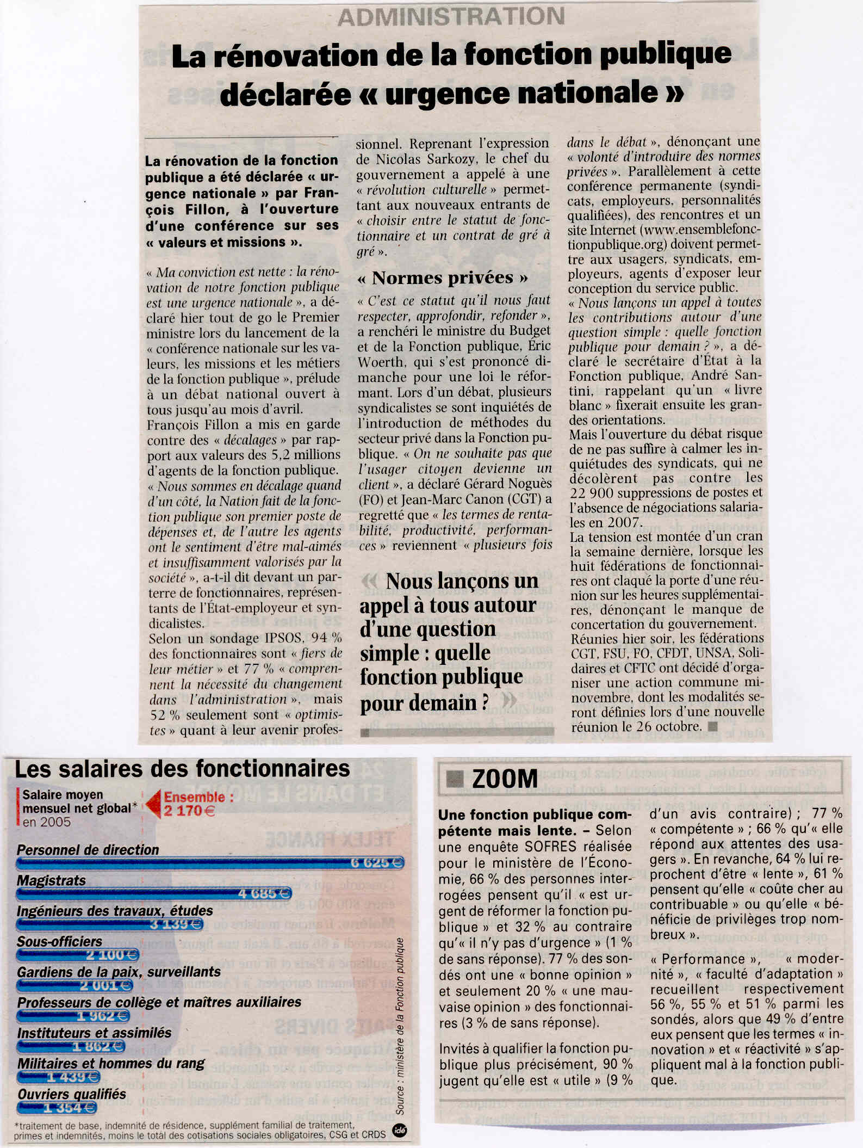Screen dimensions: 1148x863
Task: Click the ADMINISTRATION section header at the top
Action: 451,16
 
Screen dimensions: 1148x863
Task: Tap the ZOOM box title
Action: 505,779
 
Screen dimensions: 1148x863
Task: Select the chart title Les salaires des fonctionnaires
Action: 182,769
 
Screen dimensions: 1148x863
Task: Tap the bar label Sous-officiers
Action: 59,941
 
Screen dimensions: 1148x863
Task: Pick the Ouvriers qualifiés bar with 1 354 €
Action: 57,1108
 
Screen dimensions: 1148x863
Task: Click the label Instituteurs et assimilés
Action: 94,1033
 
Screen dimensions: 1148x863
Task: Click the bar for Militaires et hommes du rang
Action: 59,1077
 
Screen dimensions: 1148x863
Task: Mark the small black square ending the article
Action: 713,726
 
